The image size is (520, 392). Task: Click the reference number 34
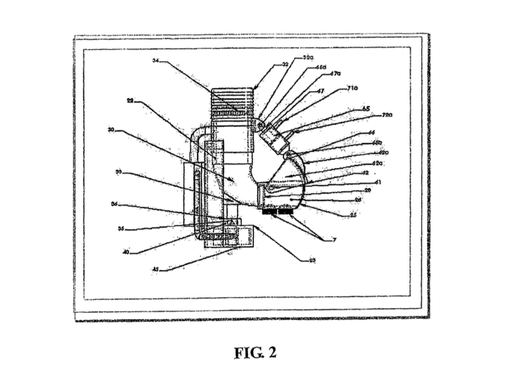coord(156,61)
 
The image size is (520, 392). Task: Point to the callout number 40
coord(127,252)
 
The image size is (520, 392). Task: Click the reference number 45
coord(155,270)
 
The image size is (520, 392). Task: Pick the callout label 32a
coord(308,58)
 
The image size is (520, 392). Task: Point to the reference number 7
coord(334,240)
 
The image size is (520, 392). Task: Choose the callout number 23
coord(312,260)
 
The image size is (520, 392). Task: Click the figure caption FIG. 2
coord(255,353)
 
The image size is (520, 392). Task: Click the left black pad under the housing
coord(270,211)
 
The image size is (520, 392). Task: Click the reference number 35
coord(120,229)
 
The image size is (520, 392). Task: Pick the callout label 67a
coord(336,74)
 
